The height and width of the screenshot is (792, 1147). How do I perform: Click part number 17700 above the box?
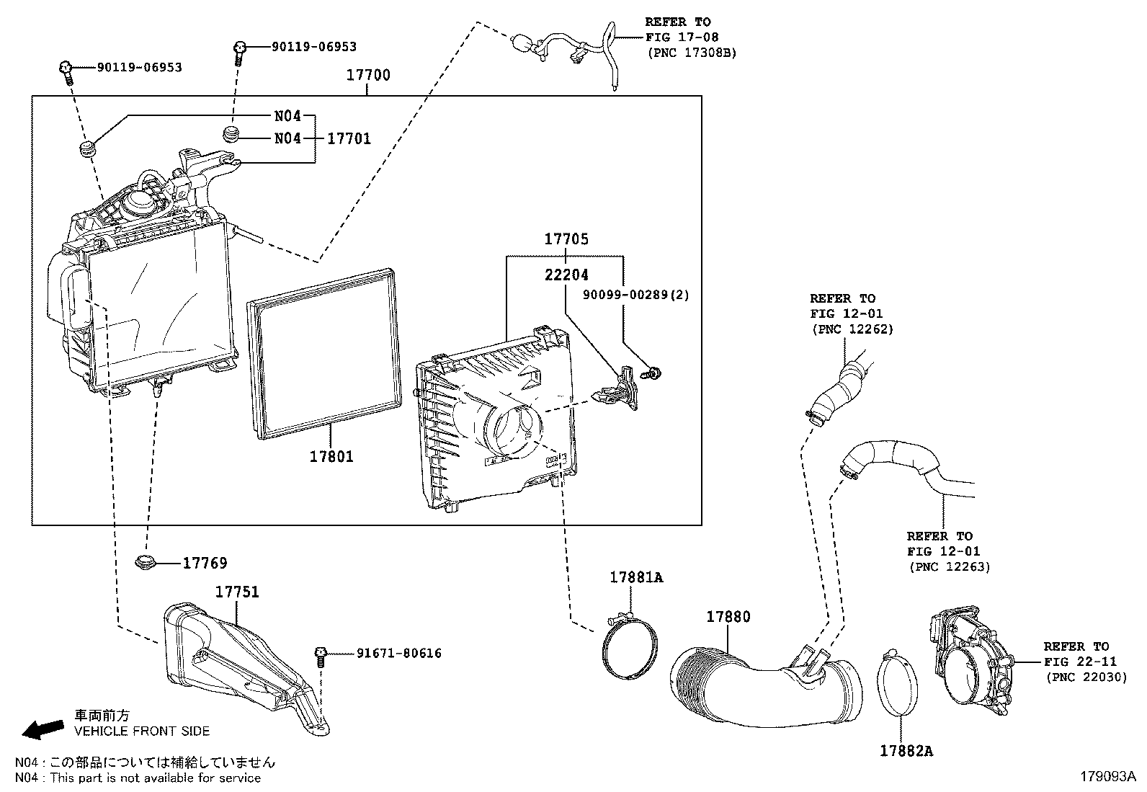367,76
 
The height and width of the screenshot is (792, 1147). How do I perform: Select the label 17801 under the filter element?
331,456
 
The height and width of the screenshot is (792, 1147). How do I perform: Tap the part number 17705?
566,239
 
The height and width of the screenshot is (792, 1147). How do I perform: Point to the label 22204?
566,275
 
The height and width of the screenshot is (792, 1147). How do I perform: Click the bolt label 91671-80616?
398,654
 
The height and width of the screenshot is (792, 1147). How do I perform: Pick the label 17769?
205,563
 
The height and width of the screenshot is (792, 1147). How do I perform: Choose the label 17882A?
906,751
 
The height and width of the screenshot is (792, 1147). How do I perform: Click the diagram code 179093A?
1107,777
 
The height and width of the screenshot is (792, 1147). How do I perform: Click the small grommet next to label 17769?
146,562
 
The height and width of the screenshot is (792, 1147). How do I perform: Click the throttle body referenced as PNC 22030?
969,659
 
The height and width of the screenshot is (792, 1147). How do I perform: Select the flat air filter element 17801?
324,353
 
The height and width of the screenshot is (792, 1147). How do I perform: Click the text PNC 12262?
852,329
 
